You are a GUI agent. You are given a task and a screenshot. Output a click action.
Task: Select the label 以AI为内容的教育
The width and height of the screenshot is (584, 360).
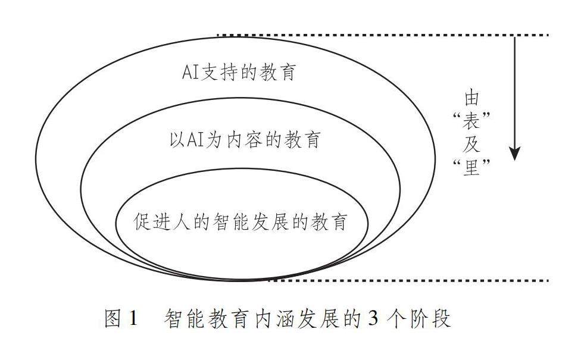click(245, 140)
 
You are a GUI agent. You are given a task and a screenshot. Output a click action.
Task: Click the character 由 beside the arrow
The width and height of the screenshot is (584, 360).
click(471, 98)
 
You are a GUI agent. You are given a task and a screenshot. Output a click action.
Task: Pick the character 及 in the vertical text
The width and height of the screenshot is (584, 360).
click(471, 145)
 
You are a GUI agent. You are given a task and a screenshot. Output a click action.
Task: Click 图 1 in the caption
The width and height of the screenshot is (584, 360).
click(121, 319)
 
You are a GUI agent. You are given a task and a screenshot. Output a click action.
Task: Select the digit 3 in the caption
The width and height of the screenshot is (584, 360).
click(373, 319)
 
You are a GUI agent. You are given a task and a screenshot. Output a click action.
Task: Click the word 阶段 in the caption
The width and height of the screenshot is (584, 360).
click(433, 319)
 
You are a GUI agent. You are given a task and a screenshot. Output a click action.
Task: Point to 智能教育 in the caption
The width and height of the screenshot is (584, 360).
click(205, 319)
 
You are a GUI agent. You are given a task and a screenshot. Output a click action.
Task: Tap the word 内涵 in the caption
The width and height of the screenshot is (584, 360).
click(271, 319)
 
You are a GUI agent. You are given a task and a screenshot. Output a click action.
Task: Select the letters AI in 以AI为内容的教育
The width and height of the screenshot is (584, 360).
click(198, 140)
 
